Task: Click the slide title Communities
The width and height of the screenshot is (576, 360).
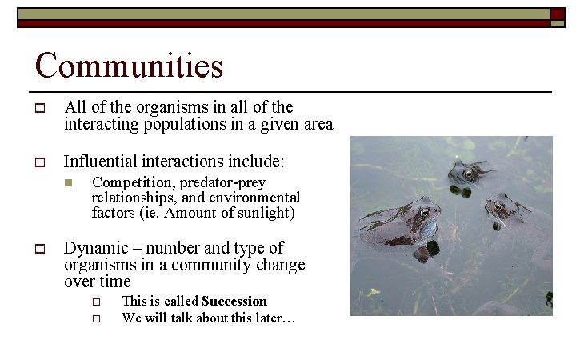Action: click(129, 65)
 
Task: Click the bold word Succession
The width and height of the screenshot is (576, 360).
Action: click(234, 301)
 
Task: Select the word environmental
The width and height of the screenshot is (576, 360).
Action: click(255, 198)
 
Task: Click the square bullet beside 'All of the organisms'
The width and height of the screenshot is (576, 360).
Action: click(38, 108)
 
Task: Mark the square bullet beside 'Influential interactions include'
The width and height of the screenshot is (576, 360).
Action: click(38, 162)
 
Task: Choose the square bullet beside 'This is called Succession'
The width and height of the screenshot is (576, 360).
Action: click(94, 302)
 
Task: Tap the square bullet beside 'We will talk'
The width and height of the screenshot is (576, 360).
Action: click(94, 318)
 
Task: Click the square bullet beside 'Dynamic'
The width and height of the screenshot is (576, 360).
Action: click(38, 249)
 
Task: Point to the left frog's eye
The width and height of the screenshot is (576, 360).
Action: click(425, 212)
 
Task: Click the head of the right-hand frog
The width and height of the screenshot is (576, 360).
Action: click(501, 208)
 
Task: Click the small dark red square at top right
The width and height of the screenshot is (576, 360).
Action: click(557, 14)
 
